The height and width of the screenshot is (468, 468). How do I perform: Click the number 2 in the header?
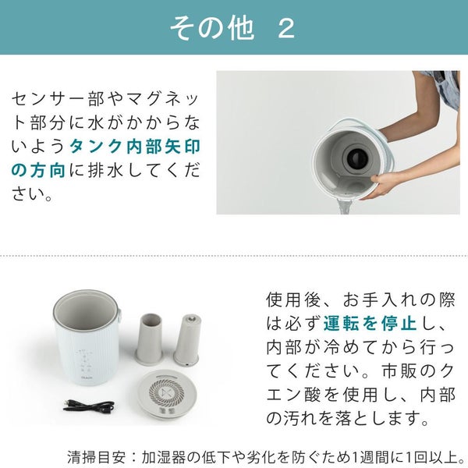coord(286,28)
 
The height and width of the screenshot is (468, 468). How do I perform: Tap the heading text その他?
coord(212,28)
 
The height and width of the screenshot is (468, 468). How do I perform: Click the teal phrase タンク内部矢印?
coord(135,147)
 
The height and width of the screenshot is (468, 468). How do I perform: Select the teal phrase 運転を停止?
coord(370,323)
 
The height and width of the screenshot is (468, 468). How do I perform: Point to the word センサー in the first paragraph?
coord(49,99)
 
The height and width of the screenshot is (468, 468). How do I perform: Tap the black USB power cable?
coord(89,406)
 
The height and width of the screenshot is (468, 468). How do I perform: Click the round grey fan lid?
coord(167,394)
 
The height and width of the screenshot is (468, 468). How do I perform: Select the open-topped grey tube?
coord(149,339)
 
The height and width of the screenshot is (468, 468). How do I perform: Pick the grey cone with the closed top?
coord(187,339)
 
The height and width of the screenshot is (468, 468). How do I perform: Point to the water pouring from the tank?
coord(344,207)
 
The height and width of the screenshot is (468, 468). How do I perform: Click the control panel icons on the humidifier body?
coord(86,362)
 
